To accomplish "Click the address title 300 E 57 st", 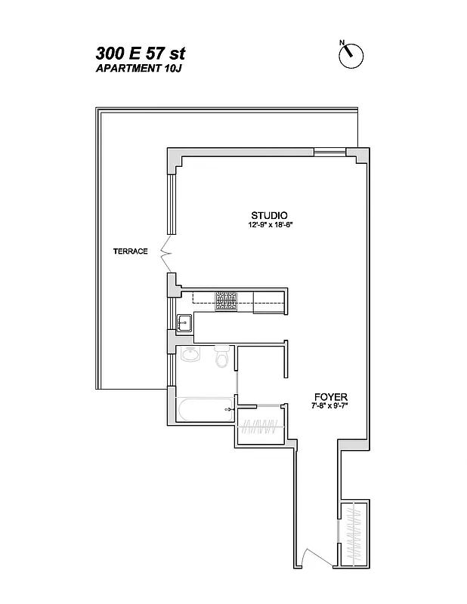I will [141, 54].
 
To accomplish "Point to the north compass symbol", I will [352, 54].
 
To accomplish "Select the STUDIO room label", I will [270, 214].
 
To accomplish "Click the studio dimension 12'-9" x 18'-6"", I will [270, 225].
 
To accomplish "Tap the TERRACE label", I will [129, 251].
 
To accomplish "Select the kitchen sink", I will [184, 323].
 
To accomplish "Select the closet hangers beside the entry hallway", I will [354, 531].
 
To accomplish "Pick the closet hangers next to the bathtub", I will [259, 427].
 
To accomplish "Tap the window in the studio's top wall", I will [330, 153].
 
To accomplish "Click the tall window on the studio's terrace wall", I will [171, 204].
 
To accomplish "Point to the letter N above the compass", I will [342, 42].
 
